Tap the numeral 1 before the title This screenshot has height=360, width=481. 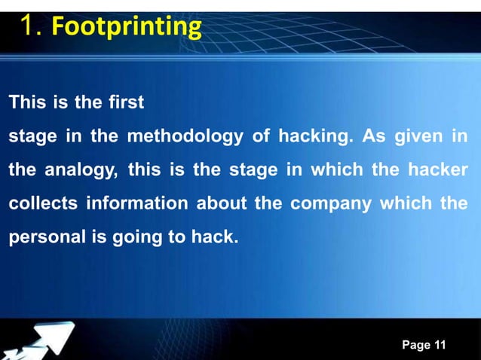pos(28,28)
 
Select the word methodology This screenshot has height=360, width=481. pos(185,136)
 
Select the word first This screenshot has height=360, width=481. pos(126,102)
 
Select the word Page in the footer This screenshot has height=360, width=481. pos(415,345)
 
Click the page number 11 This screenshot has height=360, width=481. pos(440,345)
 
